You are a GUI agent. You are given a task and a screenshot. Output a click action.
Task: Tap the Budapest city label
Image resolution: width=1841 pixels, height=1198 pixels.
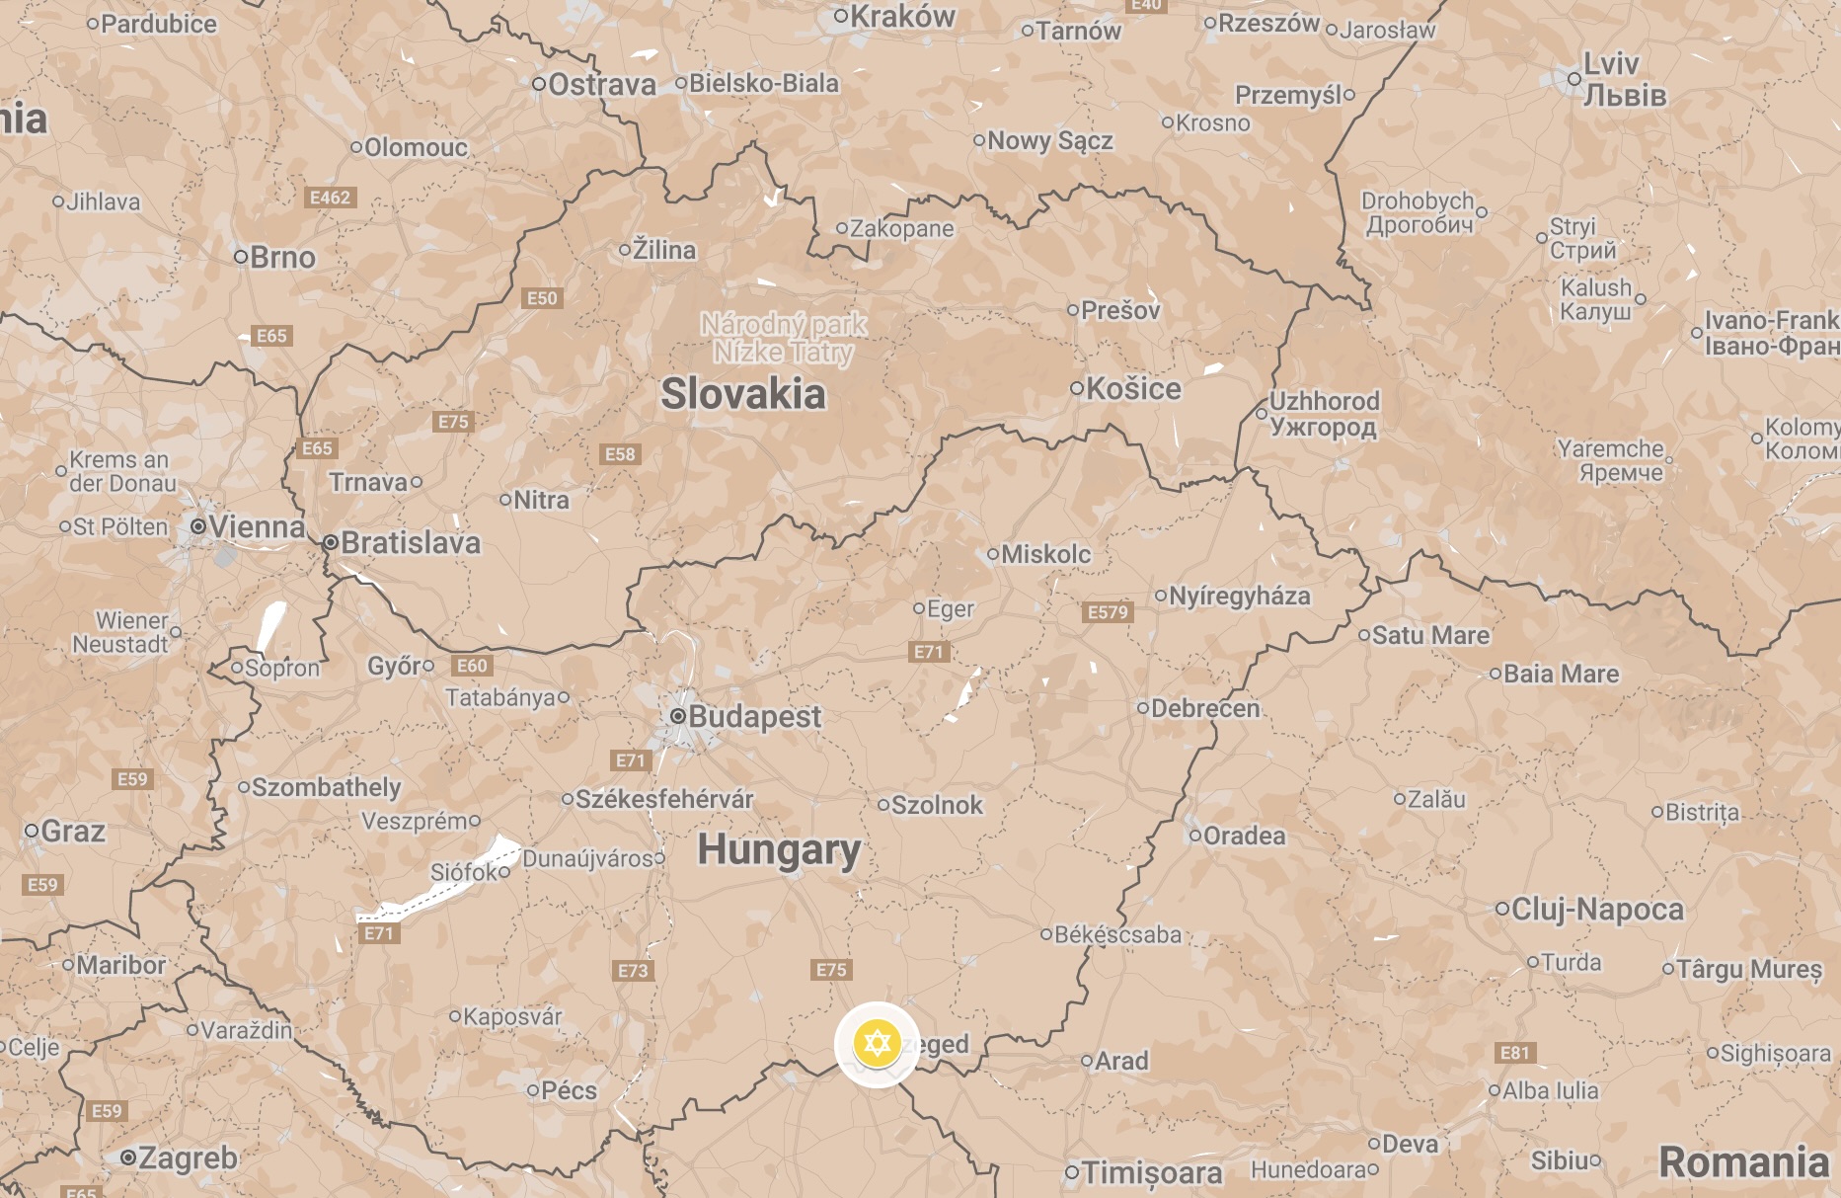coord(754,716)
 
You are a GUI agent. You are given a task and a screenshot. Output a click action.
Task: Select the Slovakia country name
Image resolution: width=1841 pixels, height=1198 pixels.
coord(743,394)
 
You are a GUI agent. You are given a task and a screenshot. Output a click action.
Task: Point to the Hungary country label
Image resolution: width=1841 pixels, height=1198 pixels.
coord(779,849)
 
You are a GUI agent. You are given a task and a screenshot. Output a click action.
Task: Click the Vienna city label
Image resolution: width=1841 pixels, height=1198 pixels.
coord(257,526)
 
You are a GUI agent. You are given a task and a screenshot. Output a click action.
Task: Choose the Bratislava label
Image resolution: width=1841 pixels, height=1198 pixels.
coord(411,542)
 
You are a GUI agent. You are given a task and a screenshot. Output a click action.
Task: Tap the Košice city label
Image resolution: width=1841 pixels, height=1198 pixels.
coord(1133,388)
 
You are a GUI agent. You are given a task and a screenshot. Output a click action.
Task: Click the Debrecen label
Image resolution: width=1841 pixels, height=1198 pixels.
coord(1205,708)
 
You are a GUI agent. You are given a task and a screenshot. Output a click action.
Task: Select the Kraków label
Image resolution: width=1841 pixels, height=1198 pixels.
coord(902,16)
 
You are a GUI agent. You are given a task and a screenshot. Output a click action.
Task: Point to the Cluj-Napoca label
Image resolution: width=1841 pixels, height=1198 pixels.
coord(1597,909)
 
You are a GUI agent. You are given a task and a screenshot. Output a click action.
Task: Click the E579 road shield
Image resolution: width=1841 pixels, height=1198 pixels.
coord(1108,611)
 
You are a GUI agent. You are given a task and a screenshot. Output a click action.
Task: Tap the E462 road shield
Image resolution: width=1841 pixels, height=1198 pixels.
coord(330,198)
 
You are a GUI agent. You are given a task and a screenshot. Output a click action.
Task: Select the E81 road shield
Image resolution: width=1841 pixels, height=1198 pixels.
coord(1514,1053)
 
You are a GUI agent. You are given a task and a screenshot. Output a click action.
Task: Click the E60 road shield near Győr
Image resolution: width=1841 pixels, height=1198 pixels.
coord(472,666)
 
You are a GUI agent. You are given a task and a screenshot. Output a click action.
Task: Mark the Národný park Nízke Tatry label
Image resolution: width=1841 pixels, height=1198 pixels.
coord(784,338)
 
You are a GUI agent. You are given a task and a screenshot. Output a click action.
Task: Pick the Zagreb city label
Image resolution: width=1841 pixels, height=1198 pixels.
coord(188,1158)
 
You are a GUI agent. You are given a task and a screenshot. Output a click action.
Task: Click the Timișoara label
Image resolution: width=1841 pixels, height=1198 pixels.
coord(1152,1172)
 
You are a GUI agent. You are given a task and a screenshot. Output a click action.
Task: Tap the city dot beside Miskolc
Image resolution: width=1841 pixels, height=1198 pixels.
coord(993,554)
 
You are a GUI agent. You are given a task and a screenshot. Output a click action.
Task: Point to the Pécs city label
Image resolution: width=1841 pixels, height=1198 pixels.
coord(569,1090)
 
